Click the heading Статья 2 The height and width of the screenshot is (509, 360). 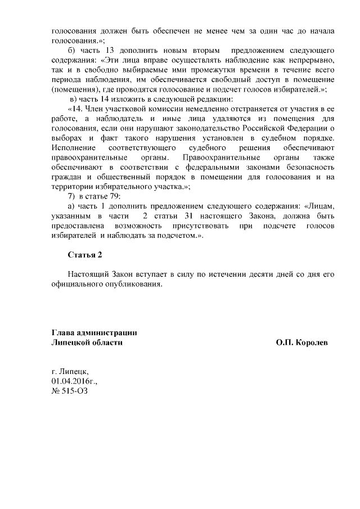(x=85, y=255)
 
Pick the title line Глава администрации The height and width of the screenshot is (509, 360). (x=94, y=332)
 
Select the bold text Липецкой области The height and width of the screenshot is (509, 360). (x=87, y=342)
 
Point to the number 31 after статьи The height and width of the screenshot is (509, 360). (x=190, y=215)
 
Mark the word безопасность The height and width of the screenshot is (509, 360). (x=312, y=166)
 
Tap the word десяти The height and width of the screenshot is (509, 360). (x=258, y=274)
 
